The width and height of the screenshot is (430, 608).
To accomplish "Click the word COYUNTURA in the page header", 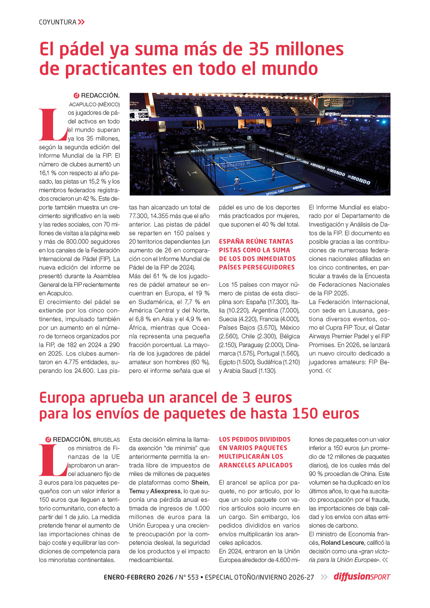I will point(57,22).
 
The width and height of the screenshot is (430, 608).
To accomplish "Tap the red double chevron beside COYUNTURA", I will point(81,22).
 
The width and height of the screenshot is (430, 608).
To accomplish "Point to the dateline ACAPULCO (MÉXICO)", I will point(94,104).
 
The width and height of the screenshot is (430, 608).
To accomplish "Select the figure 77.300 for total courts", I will point(139,216).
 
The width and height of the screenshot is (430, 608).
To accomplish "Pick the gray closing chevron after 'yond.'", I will point(329,371).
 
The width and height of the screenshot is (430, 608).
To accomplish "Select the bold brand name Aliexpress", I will point(166,491).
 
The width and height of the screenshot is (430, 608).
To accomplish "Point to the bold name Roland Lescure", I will point(343,543).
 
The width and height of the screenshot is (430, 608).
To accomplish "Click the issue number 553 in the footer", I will point(193,577).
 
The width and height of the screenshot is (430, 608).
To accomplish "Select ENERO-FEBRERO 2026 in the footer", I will point(138,577).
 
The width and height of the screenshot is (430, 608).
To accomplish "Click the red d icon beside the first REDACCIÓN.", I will point(76,96).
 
